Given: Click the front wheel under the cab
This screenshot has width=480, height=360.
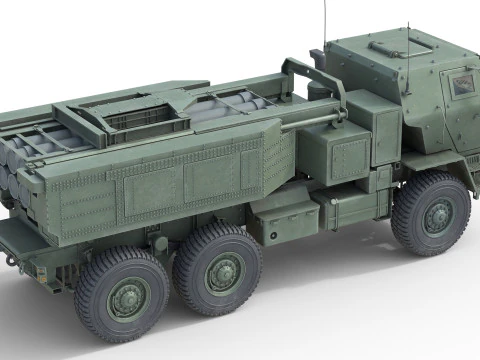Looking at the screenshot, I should (430, 213).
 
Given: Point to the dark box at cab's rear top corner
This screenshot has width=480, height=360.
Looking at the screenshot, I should (316, 58).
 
